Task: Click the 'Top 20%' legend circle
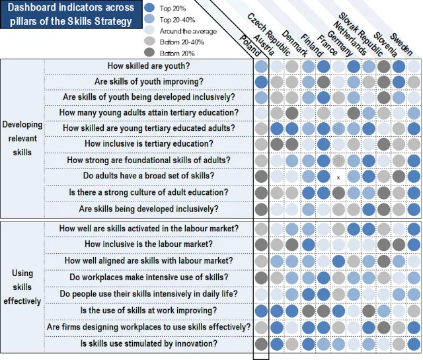[149, 8]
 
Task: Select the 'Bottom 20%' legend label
[177, 54]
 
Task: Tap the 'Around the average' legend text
[188, 31]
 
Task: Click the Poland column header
[250, 46]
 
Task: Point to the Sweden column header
[401, 44]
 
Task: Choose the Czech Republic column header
[269, 34]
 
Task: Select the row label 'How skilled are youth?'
[149, 66]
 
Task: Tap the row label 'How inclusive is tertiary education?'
[149, 144]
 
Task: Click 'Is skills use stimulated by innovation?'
[149, 343]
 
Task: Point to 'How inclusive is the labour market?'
[149, 244]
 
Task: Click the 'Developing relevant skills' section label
[22, 138]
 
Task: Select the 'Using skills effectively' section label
[22, 287]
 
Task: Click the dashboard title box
[71, 15]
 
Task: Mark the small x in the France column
[338, 178]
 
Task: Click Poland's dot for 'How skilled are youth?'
[261, 67]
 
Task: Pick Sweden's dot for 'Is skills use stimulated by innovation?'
[414, 344]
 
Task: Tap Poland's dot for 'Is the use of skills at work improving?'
[261, 311]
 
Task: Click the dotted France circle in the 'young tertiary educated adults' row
[338, 129]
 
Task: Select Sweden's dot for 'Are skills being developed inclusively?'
[414, 209]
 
